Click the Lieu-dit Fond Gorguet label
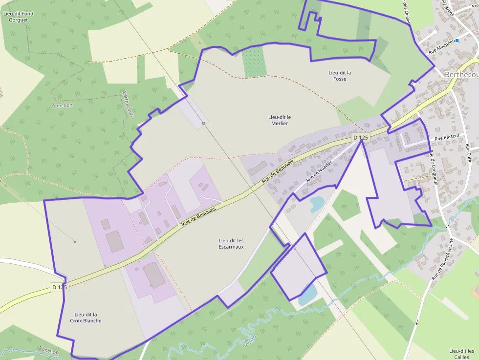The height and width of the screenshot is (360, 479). (18, 17)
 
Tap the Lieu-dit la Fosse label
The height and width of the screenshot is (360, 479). (340, 76)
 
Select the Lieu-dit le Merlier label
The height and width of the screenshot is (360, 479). (280, 120)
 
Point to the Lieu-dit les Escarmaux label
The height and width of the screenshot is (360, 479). (231, 244)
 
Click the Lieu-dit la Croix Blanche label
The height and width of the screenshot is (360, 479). (88, 318)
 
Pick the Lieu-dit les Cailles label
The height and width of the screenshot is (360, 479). (461, 354)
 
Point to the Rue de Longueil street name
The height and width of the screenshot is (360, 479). (433, 169)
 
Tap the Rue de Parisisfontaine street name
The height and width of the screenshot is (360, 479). (443, 259)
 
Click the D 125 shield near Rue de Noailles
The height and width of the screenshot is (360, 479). (360, 138)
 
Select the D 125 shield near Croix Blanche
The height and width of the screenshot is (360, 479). (59, 287)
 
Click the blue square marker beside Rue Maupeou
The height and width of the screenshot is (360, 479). (457, 41)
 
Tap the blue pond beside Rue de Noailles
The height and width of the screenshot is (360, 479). (316, 203)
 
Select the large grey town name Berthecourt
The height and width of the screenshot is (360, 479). (461, 74)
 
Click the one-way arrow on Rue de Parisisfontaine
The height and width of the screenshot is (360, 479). (417, 322)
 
